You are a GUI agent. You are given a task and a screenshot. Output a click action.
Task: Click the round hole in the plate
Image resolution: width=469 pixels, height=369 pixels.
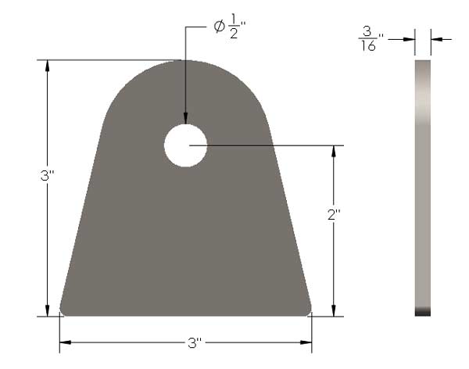(185, 145)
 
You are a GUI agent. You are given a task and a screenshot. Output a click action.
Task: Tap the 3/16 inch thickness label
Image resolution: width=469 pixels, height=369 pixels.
(371, 38)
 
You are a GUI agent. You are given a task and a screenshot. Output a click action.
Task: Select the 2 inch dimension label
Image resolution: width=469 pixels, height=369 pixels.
(334, 214)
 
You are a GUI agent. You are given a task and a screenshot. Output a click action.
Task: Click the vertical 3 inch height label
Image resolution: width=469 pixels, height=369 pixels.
(48, 176)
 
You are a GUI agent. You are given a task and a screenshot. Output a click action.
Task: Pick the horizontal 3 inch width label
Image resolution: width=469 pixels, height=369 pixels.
(195, 342)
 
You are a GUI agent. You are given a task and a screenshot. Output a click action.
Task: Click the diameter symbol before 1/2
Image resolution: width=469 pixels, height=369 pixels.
(219, 27)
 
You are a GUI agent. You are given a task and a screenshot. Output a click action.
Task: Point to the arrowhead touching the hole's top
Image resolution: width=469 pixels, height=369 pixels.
(185, 118)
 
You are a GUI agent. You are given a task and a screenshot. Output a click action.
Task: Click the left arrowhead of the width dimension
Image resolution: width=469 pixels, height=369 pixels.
(66, 342)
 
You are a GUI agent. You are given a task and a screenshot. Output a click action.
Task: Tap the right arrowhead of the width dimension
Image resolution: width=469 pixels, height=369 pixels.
(306, 342)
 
